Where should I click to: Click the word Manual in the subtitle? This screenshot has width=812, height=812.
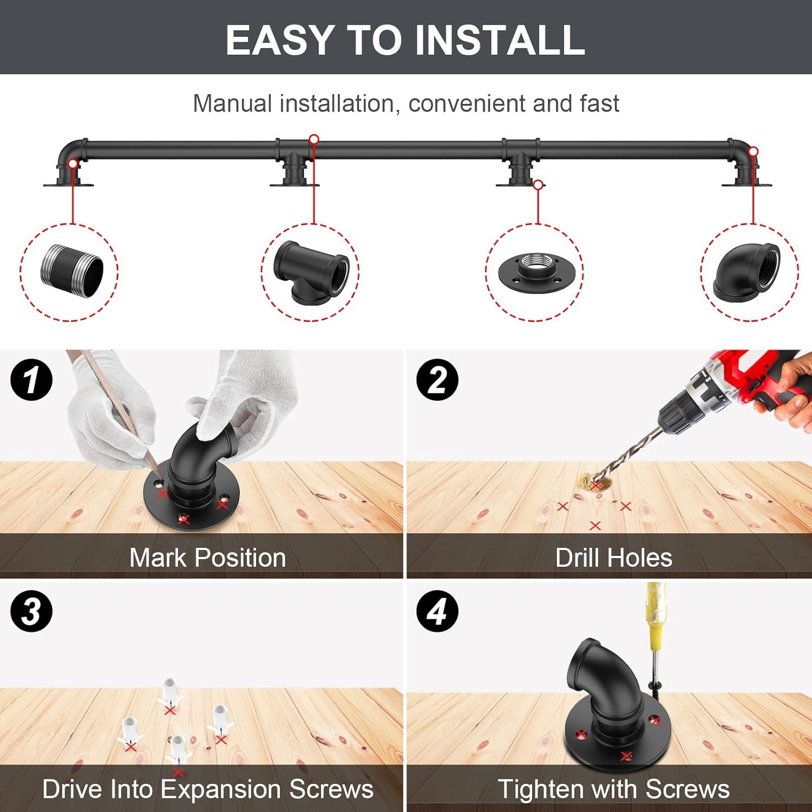pos(232,103)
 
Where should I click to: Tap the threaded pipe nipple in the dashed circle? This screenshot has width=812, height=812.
pos(71,272)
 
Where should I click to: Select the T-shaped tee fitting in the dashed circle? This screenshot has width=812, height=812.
pos(311,271)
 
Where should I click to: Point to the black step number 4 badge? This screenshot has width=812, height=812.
pos(437,611)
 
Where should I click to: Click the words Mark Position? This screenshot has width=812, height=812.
pos(207,558)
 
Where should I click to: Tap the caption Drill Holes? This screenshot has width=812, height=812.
pos(614,558)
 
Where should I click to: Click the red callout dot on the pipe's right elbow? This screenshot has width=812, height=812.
pos(753,152)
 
